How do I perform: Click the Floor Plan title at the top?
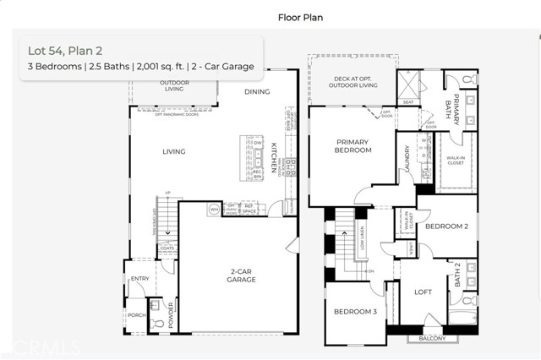[x=296, y=16]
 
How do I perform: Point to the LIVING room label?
[x=174, y=152]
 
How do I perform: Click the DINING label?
[x=257, y=91]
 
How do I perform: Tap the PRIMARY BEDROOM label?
[x=353, y=145]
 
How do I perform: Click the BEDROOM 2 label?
[x=446, y=226]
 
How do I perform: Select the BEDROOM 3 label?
[x=355, y=312]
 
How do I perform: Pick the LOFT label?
[x=423, y=292]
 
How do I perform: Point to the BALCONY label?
[x=432, y=339]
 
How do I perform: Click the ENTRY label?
[x=139, y=279]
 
